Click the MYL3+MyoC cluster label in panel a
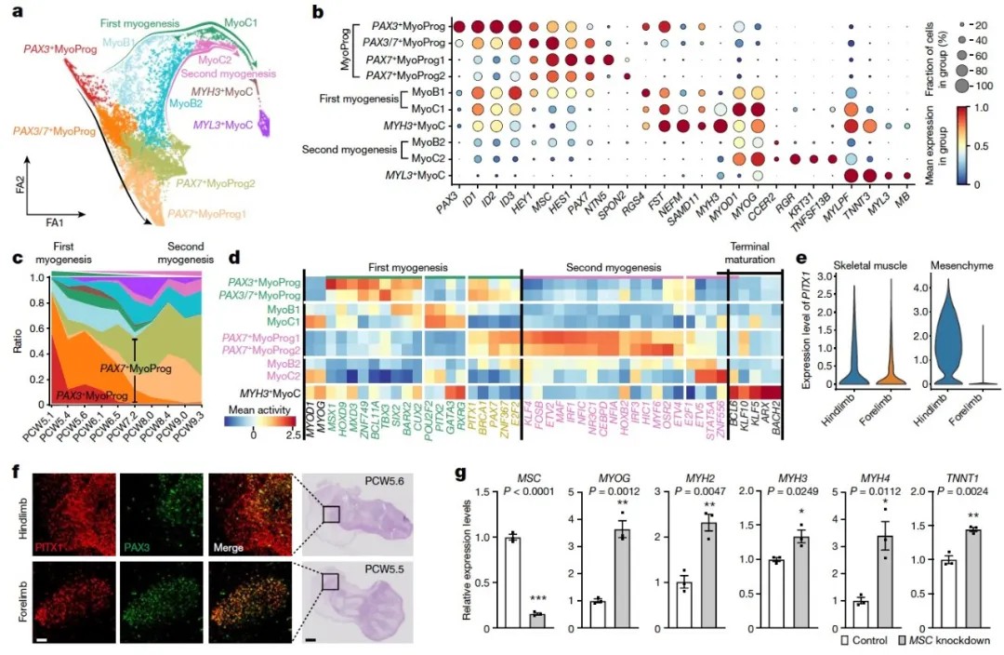click(227, 125)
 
